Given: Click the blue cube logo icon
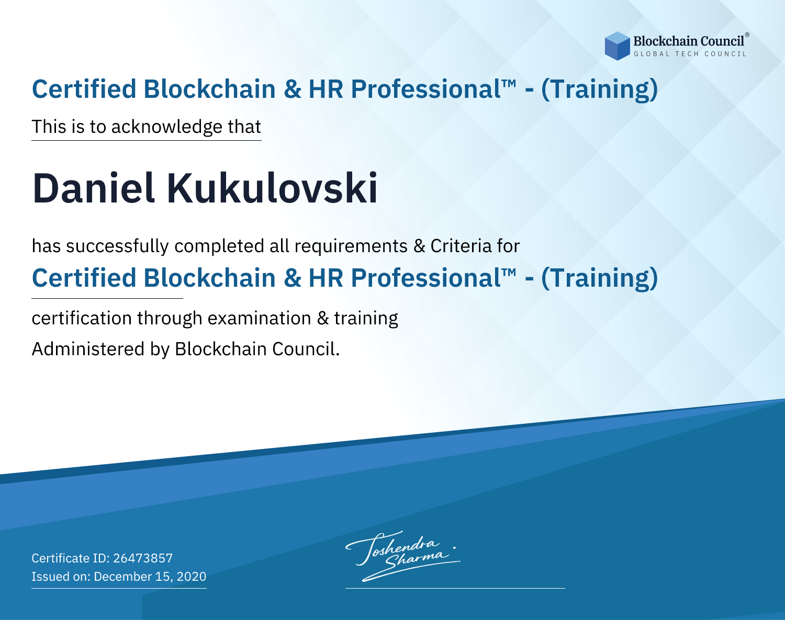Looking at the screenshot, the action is coord(617,46).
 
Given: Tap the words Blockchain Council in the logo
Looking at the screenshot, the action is coord(689,41).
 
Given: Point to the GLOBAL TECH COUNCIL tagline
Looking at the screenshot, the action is coord(690,54).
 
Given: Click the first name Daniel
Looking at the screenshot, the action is coord(94,188).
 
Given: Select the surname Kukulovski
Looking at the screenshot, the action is coord(272,188).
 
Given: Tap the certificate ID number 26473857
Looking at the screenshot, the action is coord(143,558).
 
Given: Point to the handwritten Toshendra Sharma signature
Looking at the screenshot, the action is coord(403,556).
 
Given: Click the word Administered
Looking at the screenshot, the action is coord(88,349).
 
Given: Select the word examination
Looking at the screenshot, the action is coord(260,318).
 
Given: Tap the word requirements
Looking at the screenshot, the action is coord(351,246).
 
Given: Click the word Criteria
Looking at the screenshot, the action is coord(461,246).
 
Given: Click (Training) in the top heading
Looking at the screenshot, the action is coord(599,89).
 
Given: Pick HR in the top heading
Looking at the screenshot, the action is coord(326,89).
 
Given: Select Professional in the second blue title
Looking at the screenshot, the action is coord(425,278).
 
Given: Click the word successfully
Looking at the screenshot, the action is coord(117,246).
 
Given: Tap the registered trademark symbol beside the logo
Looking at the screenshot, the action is coord(747,35).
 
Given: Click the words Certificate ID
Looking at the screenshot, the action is coord(70,558).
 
